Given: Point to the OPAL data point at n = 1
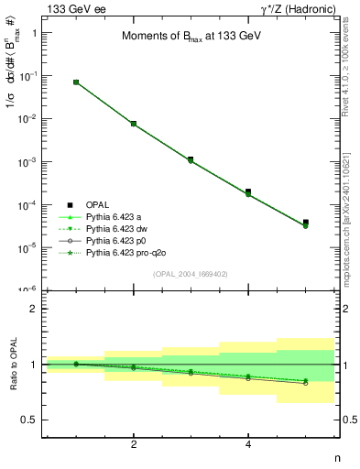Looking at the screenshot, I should click(x=76, y=82).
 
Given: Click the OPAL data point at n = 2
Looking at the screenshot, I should click(x=134, y=124).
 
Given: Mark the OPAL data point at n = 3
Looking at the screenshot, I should click(x=191, y=159).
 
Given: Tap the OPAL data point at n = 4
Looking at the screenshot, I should click(x=248, y=191).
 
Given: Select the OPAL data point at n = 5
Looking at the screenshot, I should click(x=306, y=223).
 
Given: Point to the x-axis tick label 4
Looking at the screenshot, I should click(x=248, y=444).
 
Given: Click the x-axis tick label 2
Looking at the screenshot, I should click(x=134, y=444).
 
